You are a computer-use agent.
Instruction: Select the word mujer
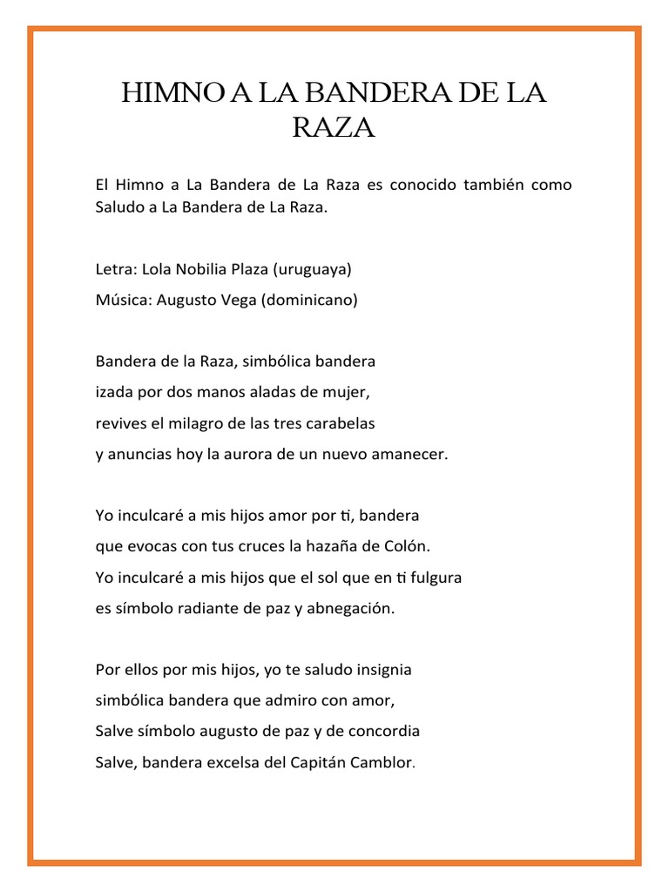click(350, 393)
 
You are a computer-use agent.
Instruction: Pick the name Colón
click(407, 546)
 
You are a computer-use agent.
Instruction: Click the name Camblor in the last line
click(381, 762)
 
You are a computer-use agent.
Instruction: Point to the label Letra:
click(113, 269)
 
